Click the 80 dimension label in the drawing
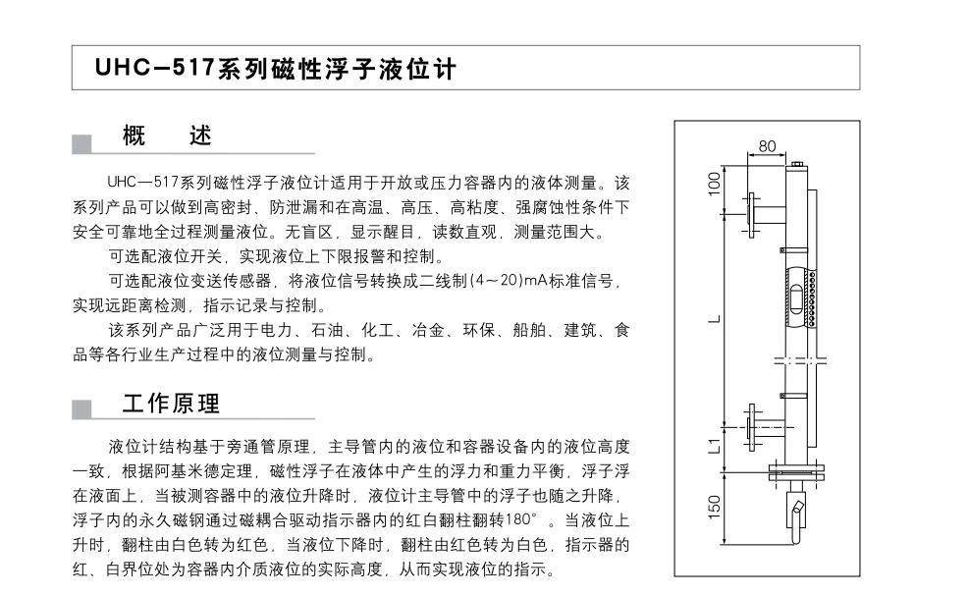click(767, 145)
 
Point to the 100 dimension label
click(714, 184)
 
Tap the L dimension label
click(715, 319)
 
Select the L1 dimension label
click(714, 446)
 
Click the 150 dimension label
click(714, 507)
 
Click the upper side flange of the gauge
click(751, 216)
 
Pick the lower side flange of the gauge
click(751, 427)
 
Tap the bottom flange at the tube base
click(796, 472)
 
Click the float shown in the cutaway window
click(797, 300)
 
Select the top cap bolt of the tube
click(796, 164)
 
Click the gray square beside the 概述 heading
click(81, 144)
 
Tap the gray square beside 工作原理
click(81, 409)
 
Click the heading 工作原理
click(171, 404)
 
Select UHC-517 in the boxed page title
click(154, 68)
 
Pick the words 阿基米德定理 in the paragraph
click(204, 471)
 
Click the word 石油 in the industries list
click(327, 331)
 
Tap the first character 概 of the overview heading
click(134, 135)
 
